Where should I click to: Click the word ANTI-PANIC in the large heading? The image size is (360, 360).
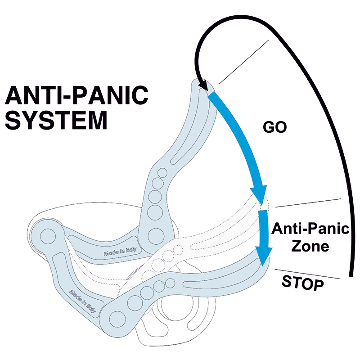(x=76, y=95)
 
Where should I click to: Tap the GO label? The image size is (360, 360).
(x=274, y=127)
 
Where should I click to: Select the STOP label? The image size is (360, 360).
(x=302, y=283)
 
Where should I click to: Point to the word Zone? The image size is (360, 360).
(x=310, y=247)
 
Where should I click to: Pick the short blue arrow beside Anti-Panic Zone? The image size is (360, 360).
(x=264, y=236)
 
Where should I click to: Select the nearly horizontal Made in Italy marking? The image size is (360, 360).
(x=118, y=252)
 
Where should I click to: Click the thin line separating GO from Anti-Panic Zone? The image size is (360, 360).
(x=308, y=203)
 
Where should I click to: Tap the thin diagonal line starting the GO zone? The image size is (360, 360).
(x=245, y=61)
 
